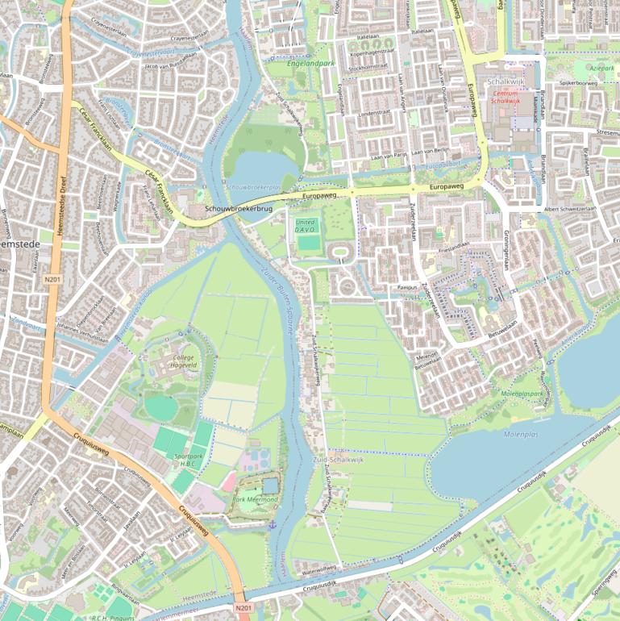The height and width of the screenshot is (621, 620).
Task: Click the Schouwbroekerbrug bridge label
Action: point(239,209)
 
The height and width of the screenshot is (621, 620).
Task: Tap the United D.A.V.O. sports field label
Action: point(306,225)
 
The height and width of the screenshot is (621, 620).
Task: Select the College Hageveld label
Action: point(185,361)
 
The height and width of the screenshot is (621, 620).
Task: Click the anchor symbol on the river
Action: point(273,525)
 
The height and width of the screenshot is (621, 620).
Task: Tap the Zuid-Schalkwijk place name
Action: point(335,459)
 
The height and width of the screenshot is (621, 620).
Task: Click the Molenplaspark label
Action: point(522,394)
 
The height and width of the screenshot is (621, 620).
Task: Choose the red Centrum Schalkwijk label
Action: point(506,98)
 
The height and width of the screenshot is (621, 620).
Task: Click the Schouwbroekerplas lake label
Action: point(253,186)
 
